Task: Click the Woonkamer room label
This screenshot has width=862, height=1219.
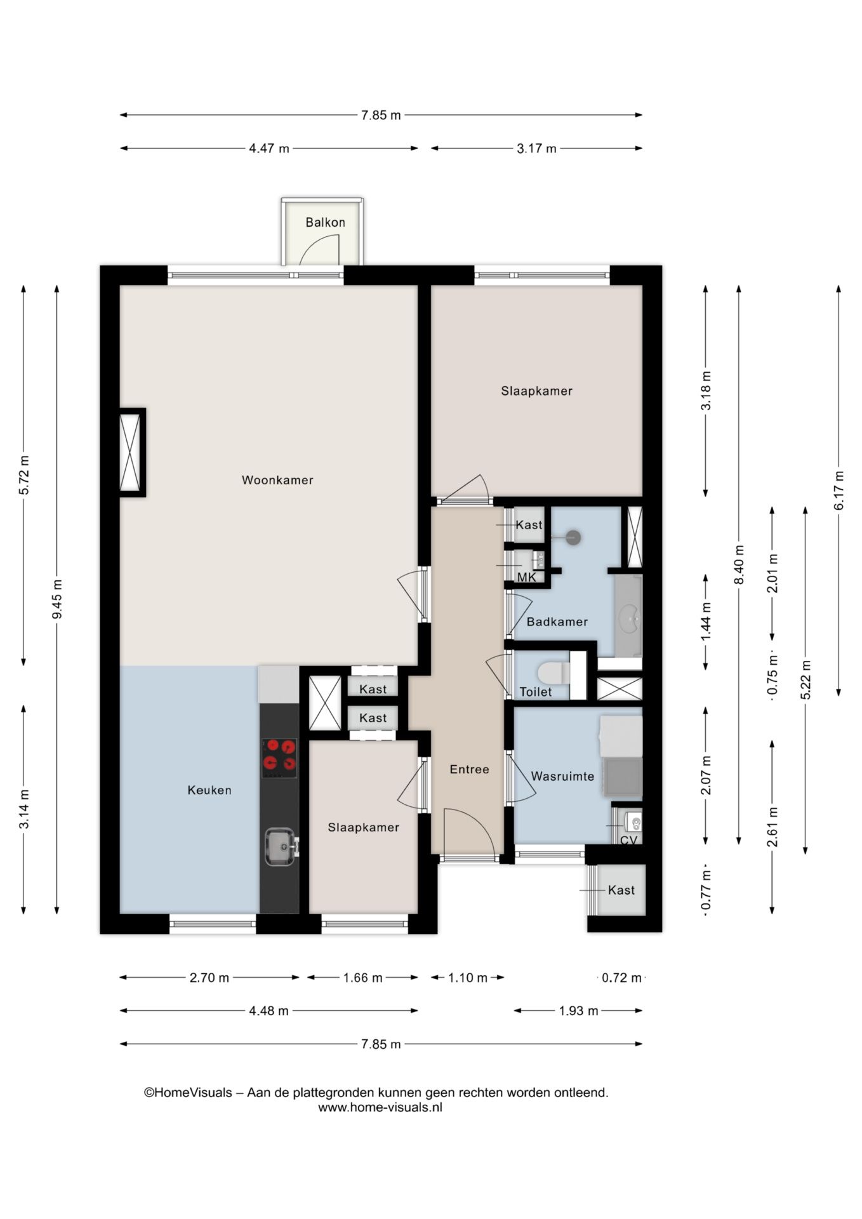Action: [x=277, y=480]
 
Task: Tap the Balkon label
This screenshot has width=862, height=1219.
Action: [x=325, y=222]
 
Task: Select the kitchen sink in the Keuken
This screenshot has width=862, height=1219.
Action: [x=280, y=846]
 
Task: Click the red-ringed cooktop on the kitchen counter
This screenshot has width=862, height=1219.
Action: [x=279, y=757]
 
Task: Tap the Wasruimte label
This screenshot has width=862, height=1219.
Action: [x=562, y=776]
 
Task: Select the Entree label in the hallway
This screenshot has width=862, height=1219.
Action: [x=469, y=769]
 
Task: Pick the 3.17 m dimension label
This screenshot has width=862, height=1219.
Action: [x=536, y=149]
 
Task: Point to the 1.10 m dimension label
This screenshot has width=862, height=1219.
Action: [x=468, y=978]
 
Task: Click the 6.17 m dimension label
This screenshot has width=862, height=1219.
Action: [x=839, y=490]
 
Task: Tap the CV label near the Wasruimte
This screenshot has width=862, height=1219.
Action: [x=628, y=840]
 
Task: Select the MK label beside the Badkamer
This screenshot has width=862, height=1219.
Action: [x=526, y=577]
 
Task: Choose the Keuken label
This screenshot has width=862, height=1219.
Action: [x=209, y=790]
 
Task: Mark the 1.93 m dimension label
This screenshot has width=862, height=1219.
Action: [x=578, y=1011]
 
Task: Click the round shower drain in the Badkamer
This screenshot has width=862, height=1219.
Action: [x=573, y=538]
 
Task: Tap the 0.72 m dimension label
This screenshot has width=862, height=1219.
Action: [x=621, y=978]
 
